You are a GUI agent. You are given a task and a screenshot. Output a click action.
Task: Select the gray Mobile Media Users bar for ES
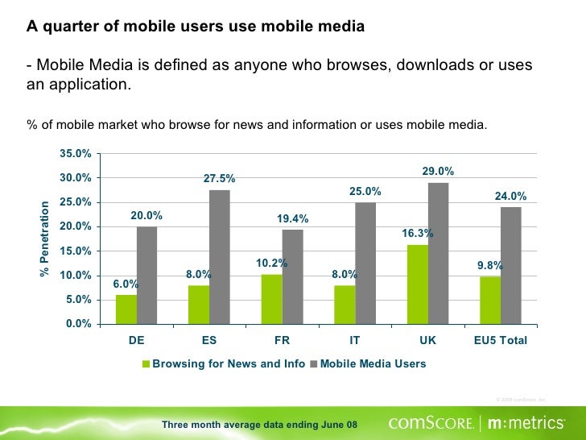click(x=220, y=257)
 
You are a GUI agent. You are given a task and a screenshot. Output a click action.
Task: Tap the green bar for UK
click(x=417, y=284)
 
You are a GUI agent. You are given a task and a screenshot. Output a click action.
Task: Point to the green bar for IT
click(x=345, y=305)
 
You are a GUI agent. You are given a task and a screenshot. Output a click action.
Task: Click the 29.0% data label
click(x=438, y=172)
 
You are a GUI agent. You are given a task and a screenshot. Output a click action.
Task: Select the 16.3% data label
click(x=418, y=234)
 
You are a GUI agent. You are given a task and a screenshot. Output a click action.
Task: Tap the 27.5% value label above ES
click(x=219, y=179)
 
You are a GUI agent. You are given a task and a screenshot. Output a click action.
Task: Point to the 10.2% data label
click(x=271, y=264)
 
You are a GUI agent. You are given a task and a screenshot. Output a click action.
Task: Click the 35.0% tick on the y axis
click(x=75, y=153)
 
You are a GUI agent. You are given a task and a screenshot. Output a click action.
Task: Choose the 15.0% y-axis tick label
click(x=75, y=251)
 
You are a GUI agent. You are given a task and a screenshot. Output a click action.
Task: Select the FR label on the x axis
click(x=282, y=340)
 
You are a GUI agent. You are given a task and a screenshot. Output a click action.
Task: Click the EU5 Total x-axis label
click(x=500, y=340)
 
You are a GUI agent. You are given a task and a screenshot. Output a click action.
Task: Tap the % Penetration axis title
click(x=45, y=239)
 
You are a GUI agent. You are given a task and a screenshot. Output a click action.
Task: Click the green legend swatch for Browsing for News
click(x=146, y=364)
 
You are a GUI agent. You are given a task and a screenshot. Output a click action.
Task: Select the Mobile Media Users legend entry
click(x=373, y=364)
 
